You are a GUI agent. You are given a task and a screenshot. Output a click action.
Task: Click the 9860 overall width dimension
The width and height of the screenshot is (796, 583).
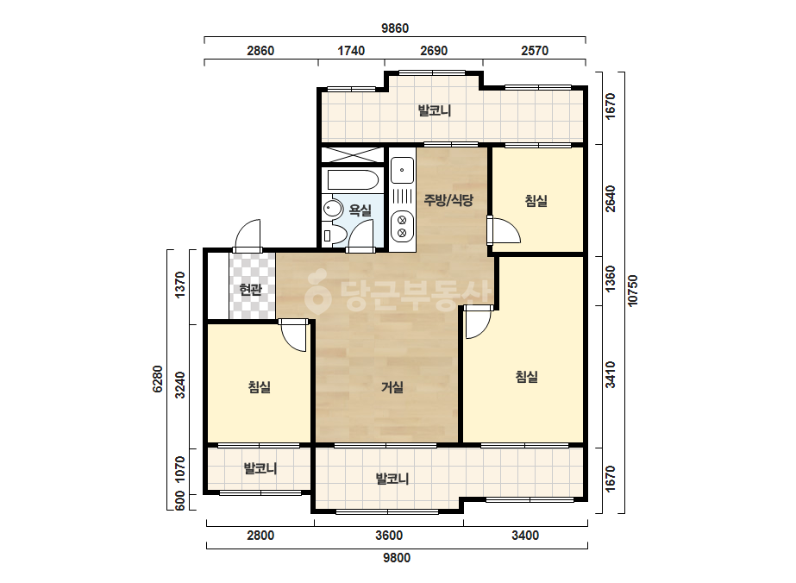(x=395, y=28)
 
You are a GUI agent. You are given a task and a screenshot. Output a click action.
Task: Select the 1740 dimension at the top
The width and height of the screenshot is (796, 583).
(x=351, y=51)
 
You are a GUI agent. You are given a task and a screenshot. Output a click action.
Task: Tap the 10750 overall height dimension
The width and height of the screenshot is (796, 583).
(x=632, y=291)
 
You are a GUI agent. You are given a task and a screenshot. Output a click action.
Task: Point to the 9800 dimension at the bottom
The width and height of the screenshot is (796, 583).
(x=397, y=558)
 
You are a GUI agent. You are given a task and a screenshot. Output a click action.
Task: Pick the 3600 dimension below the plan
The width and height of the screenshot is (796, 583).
(x=389, y=536)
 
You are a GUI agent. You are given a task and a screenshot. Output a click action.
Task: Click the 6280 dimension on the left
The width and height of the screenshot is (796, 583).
(x=157, y=379)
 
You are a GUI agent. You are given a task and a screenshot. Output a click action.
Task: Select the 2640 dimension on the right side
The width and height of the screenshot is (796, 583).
(x=611, y=198)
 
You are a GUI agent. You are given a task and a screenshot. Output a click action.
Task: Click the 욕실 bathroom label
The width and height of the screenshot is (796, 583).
(x=360, y=210)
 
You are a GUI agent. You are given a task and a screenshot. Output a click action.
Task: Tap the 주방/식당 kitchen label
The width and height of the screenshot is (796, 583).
(x=448, y=199)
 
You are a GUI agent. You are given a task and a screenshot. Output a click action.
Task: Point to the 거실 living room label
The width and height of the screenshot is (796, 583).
(x=392, y=387)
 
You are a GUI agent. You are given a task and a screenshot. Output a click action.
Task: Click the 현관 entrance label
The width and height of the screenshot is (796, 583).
(x=250, y=290)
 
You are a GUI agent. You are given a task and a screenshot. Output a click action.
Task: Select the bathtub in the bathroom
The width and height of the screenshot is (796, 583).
(x=353, y=179)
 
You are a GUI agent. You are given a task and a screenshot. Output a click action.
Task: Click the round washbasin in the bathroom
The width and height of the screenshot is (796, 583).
(x=333, y=209)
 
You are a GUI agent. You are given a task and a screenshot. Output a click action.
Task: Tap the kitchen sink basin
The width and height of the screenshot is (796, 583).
(x=402, y=170)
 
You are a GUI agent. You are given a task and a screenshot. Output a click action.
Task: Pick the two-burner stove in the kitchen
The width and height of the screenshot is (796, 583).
(x=402, y=227)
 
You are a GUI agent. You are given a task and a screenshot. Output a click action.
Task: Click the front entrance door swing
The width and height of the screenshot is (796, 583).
(x=248, y=235)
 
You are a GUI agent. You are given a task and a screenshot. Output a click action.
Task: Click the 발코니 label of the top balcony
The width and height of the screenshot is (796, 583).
(x=435, y=110)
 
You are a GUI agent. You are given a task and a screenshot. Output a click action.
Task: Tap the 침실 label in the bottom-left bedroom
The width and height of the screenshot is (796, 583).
(x=260, y=387)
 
